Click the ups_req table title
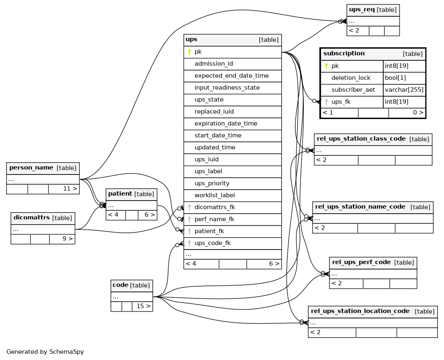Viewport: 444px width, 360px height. [362, 9]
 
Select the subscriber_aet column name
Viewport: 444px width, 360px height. [353, 90]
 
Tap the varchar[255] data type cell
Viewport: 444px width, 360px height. [404, 90]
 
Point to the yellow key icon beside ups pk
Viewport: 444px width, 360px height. [190, 52]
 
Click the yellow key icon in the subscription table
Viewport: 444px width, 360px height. [326, 66]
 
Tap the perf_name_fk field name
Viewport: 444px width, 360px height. [214, 219]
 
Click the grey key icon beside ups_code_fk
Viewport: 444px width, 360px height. [190, 243]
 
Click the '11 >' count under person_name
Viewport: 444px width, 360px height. [70, 189]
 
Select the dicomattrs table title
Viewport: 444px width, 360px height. [31, 218]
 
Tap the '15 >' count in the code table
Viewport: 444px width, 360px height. [144, 306]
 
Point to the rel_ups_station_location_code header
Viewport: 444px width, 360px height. [373, 312]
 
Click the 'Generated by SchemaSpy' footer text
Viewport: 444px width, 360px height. [45, 352]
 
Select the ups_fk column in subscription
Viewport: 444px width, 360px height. [341, 102]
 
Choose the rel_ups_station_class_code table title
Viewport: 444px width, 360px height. [361, 139]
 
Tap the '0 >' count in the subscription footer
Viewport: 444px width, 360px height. [418, 113]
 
